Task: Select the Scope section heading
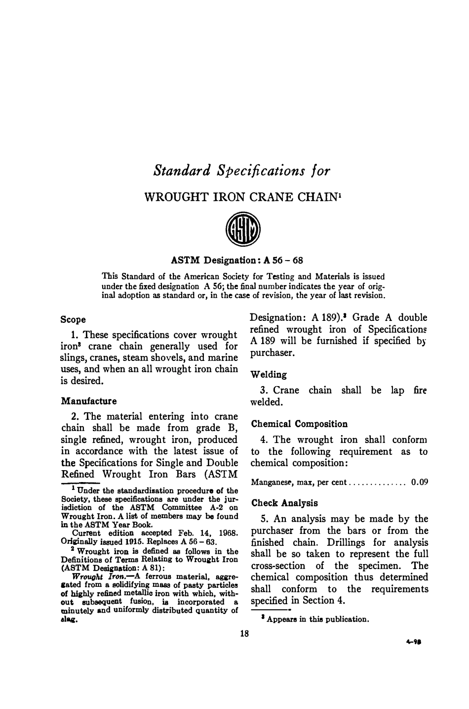click(73, 319)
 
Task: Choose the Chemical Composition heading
click(299, 424)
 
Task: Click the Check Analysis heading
click(284, 503)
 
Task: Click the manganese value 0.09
click(419, 482)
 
